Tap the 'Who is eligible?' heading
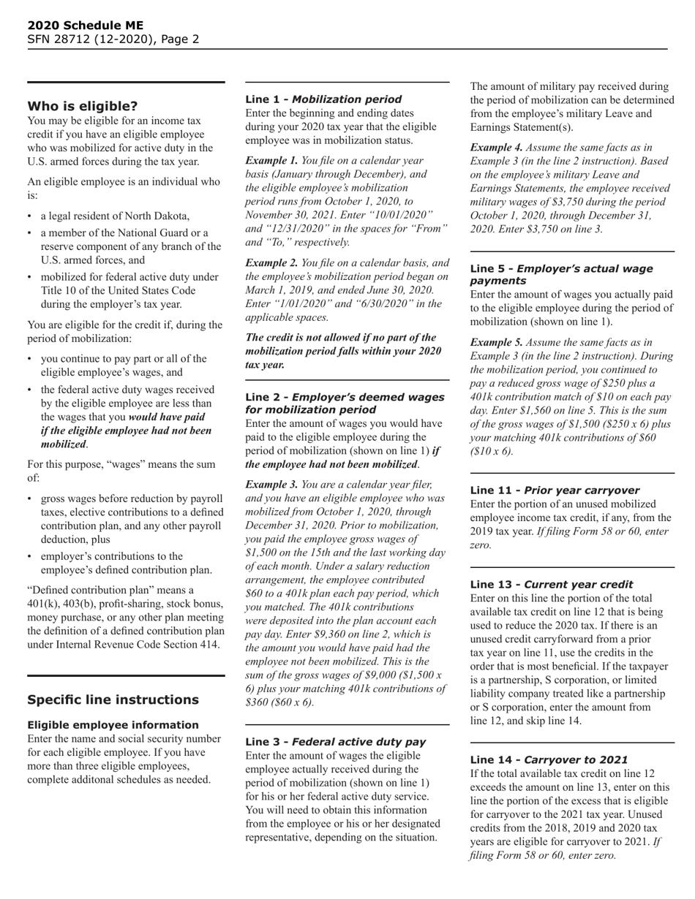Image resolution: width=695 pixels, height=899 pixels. (x=82, y=106)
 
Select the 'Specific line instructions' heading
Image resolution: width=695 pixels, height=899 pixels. (x=113, y=699)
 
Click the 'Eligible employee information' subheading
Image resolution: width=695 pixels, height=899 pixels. (x=113, y=724)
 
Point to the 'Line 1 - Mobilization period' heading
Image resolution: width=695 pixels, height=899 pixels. (x=323, y=99)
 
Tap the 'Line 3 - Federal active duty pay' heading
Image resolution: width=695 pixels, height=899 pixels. (x=335, y=741)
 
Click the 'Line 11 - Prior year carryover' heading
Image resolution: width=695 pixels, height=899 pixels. (x=555, y=490)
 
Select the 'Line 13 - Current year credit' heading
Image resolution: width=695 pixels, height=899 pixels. (x=552, y=584)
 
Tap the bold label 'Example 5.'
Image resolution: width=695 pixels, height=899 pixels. (x=496, y=342)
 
